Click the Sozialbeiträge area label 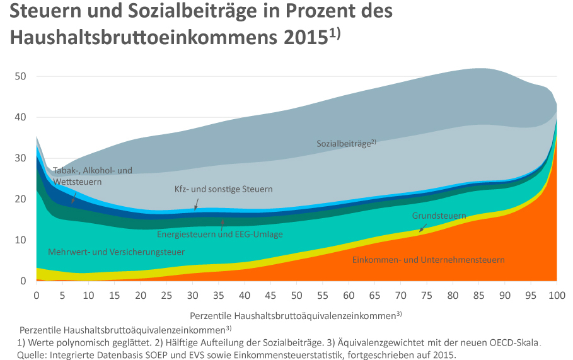point(345,143)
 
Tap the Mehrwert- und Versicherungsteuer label point(116,252)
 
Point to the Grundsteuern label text point(439,216)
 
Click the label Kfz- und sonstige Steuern point(223,189)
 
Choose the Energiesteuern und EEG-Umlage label point(219,234)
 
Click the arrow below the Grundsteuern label point(423,226)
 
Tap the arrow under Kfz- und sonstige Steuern point(196,203)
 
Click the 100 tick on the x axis point(557,295)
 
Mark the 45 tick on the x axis point(270,295)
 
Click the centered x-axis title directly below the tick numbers point(295,314)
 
